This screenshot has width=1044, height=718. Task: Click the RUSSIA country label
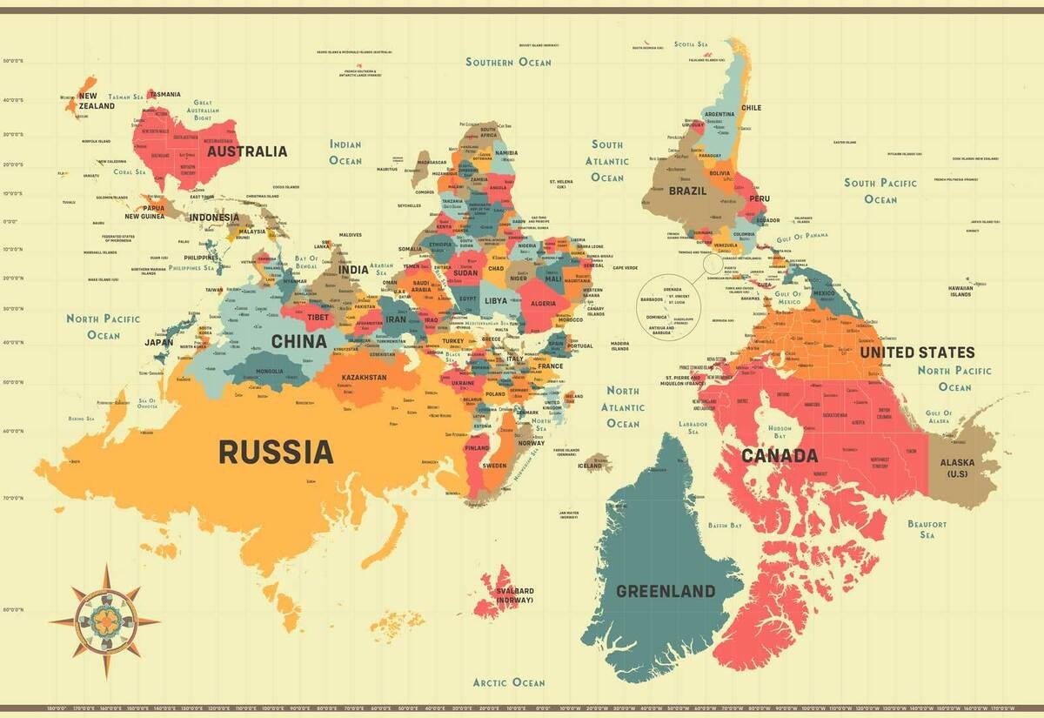tap(275, 452)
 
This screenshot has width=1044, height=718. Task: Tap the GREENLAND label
tap(666, 591)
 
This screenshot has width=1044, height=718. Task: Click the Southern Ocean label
tap(508, 62)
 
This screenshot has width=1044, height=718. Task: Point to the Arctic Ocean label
tap(509, 682)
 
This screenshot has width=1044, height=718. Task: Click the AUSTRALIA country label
tap(246, 151)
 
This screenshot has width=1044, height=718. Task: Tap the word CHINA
tap(298, 341)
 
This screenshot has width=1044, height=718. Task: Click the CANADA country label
tap(780, 455)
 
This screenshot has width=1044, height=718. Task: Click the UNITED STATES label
tap(917, 352)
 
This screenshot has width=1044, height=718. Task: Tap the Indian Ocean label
tap(345, 152)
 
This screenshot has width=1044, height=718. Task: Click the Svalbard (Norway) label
tap(515, 595)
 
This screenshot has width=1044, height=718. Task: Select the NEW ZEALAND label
tap(96, 101)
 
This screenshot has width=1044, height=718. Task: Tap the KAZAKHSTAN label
tap(365, 378)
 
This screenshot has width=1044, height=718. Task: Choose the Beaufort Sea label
tap(927, 529)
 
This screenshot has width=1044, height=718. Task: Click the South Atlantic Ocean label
tap(607, 161)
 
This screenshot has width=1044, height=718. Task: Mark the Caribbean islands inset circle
tap(669, 305)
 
